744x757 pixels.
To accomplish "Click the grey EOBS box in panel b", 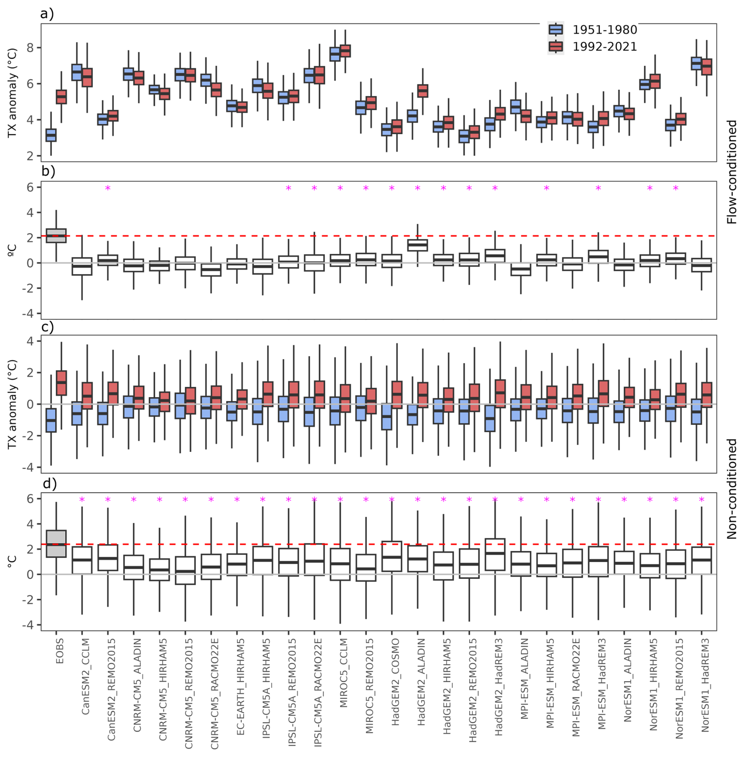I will (x=56, y=236).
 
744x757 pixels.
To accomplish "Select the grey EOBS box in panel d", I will (x=56, y=544).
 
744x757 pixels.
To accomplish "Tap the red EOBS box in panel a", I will (x=61, y=97).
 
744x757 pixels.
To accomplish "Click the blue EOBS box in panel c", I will (x=51, y=420).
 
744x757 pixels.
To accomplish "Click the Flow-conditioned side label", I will (x=731, y=172).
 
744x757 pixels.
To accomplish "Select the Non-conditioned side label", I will (x=731, y=489).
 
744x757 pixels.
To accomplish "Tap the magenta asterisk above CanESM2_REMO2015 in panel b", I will (x=108, y=189).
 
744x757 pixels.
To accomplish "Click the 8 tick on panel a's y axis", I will (x=30, y=48).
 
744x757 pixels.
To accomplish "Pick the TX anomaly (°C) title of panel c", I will (x=12, y=404).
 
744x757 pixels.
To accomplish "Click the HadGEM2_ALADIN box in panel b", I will (x=418, y=245).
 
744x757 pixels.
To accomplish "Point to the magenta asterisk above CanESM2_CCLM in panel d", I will (x=82, y=500).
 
